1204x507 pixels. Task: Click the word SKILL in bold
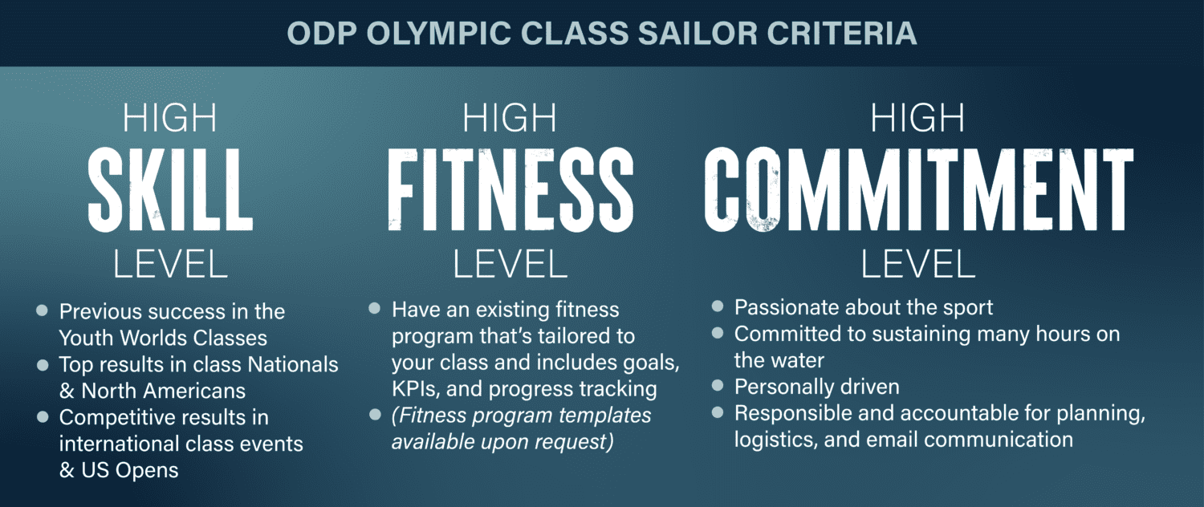(170, 189)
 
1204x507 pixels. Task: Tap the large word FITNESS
(510, 189)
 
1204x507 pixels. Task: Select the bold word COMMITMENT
(918, 189)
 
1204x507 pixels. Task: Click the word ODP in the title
(321, 33)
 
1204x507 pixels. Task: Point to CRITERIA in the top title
(842, 33)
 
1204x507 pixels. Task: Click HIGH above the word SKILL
(170, 118)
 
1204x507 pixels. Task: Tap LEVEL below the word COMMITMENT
(918, 264)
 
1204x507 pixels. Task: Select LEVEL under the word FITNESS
(510, 264)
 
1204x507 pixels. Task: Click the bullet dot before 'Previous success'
(42, 310)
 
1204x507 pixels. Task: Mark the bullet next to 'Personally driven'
(718, 385)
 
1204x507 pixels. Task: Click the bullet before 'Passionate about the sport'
(718, 306)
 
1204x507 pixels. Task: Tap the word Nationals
(293, 365)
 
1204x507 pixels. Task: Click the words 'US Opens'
(130, 470)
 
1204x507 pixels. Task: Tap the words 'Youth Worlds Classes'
(163, 339)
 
